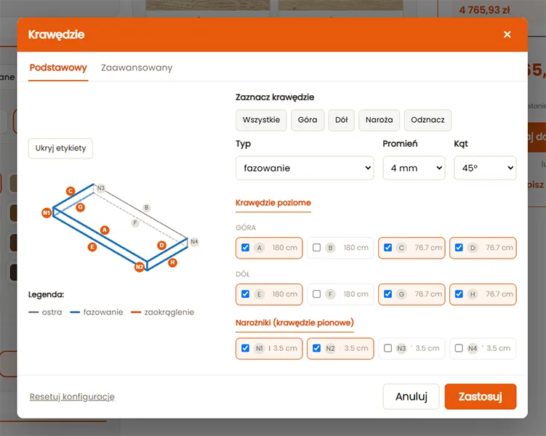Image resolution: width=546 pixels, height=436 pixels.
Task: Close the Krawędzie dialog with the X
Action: click(x=507, y=34)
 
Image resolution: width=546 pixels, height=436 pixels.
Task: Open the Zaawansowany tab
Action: click(x=137, y=68)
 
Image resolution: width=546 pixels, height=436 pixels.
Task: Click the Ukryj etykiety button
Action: click(x=60, y=148)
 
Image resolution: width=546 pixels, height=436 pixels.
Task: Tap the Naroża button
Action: click(x=380, y=120)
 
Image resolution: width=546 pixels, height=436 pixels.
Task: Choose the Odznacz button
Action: click(x=427, y=120)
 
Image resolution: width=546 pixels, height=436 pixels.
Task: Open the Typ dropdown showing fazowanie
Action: click(x=305, y=168)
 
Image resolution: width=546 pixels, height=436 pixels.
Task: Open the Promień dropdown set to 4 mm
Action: click(x=414, y=168)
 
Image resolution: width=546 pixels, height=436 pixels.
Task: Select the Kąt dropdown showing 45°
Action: click(x=485, y=168)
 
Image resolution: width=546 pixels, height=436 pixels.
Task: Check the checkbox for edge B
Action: click(x=316, y=247)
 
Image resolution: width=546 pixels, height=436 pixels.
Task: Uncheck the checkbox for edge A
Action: click(x=246, y=247)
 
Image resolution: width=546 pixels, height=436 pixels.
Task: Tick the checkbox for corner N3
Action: click(x=388, y=348)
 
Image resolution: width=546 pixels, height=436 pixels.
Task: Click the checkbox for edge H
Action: click(x=459, y=294)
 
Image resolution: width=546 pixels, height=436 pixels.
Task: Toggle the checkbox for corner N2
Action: click(x=316, y=348)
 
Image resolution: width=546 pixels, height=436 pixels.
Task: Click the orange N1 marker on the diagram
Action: click(x=47, y=213)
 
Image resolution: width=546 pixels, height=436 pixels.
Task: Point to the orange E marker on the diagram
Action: click(x=92, y=247)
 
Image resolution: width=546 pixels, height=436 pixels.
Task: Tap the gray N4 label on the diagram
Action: click(x=194, y=241)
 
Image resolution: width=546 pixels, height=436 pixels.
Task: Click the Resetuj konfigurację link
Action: click(x=72, y=397)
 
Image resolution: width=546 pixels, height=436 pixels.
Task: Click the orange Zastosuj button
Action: click(x=480, y=396)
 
